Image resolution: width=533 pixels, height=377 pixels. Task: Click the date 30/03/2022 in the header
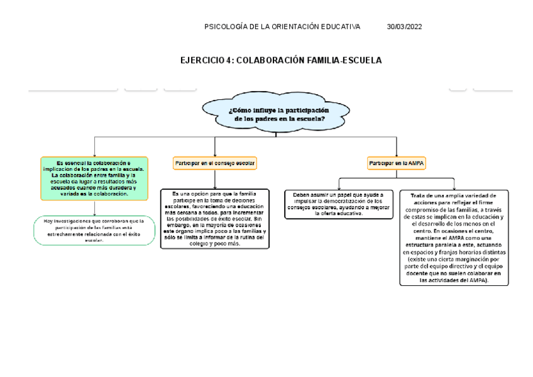pos(404,26)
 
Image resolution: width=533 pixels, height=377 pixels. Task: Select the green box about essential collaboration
pos(94,178)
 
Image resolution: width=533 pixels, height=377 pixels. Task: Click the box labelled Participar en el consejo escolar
pos(214,163)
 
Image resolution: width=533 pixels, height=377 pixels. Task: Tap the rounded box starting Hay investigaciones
pos(94,231)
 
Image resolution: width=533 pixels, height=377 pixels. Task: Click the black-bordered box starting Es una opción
pos(214,219)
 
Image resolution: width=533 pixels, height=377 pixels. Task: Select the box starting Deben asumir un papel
pos(338,204)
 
